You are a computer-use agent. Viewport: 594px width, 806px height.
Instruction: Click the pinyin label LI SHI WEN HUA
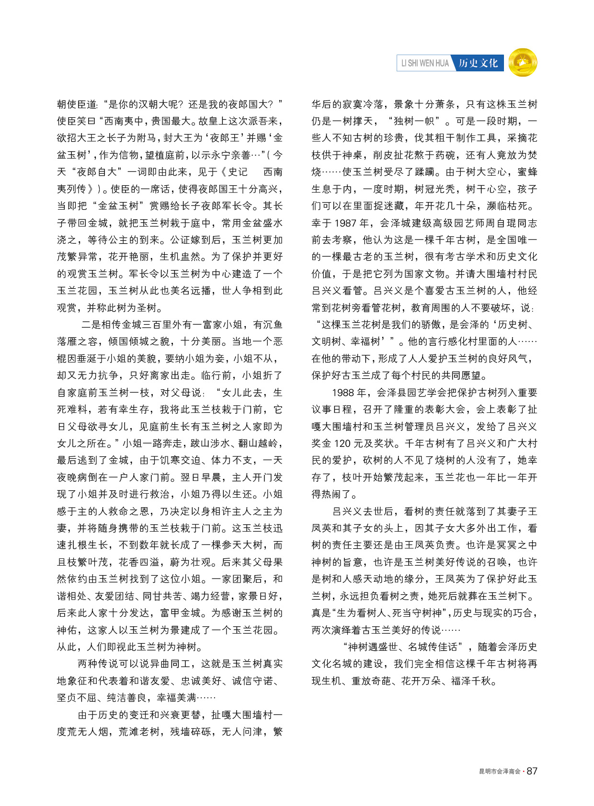coord(425,63)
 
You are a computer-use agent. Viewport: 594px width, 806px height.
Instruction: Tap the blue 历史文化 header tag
coord(478,63)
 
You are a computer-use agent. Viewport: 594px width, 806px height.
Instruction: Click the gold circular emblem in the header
coord(523,63)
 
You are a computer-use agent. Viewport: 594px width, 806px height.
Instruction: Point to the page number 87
coord(532,771)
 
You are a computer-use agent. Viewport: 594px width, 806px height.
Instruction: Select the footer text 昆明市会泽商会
coord(500,772)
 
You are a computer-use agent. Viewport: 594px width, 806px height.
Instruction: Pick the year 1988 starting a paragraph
coord(343,393)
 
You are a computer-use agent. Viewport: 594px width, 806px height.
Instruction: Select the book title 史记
coord(238,172)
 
